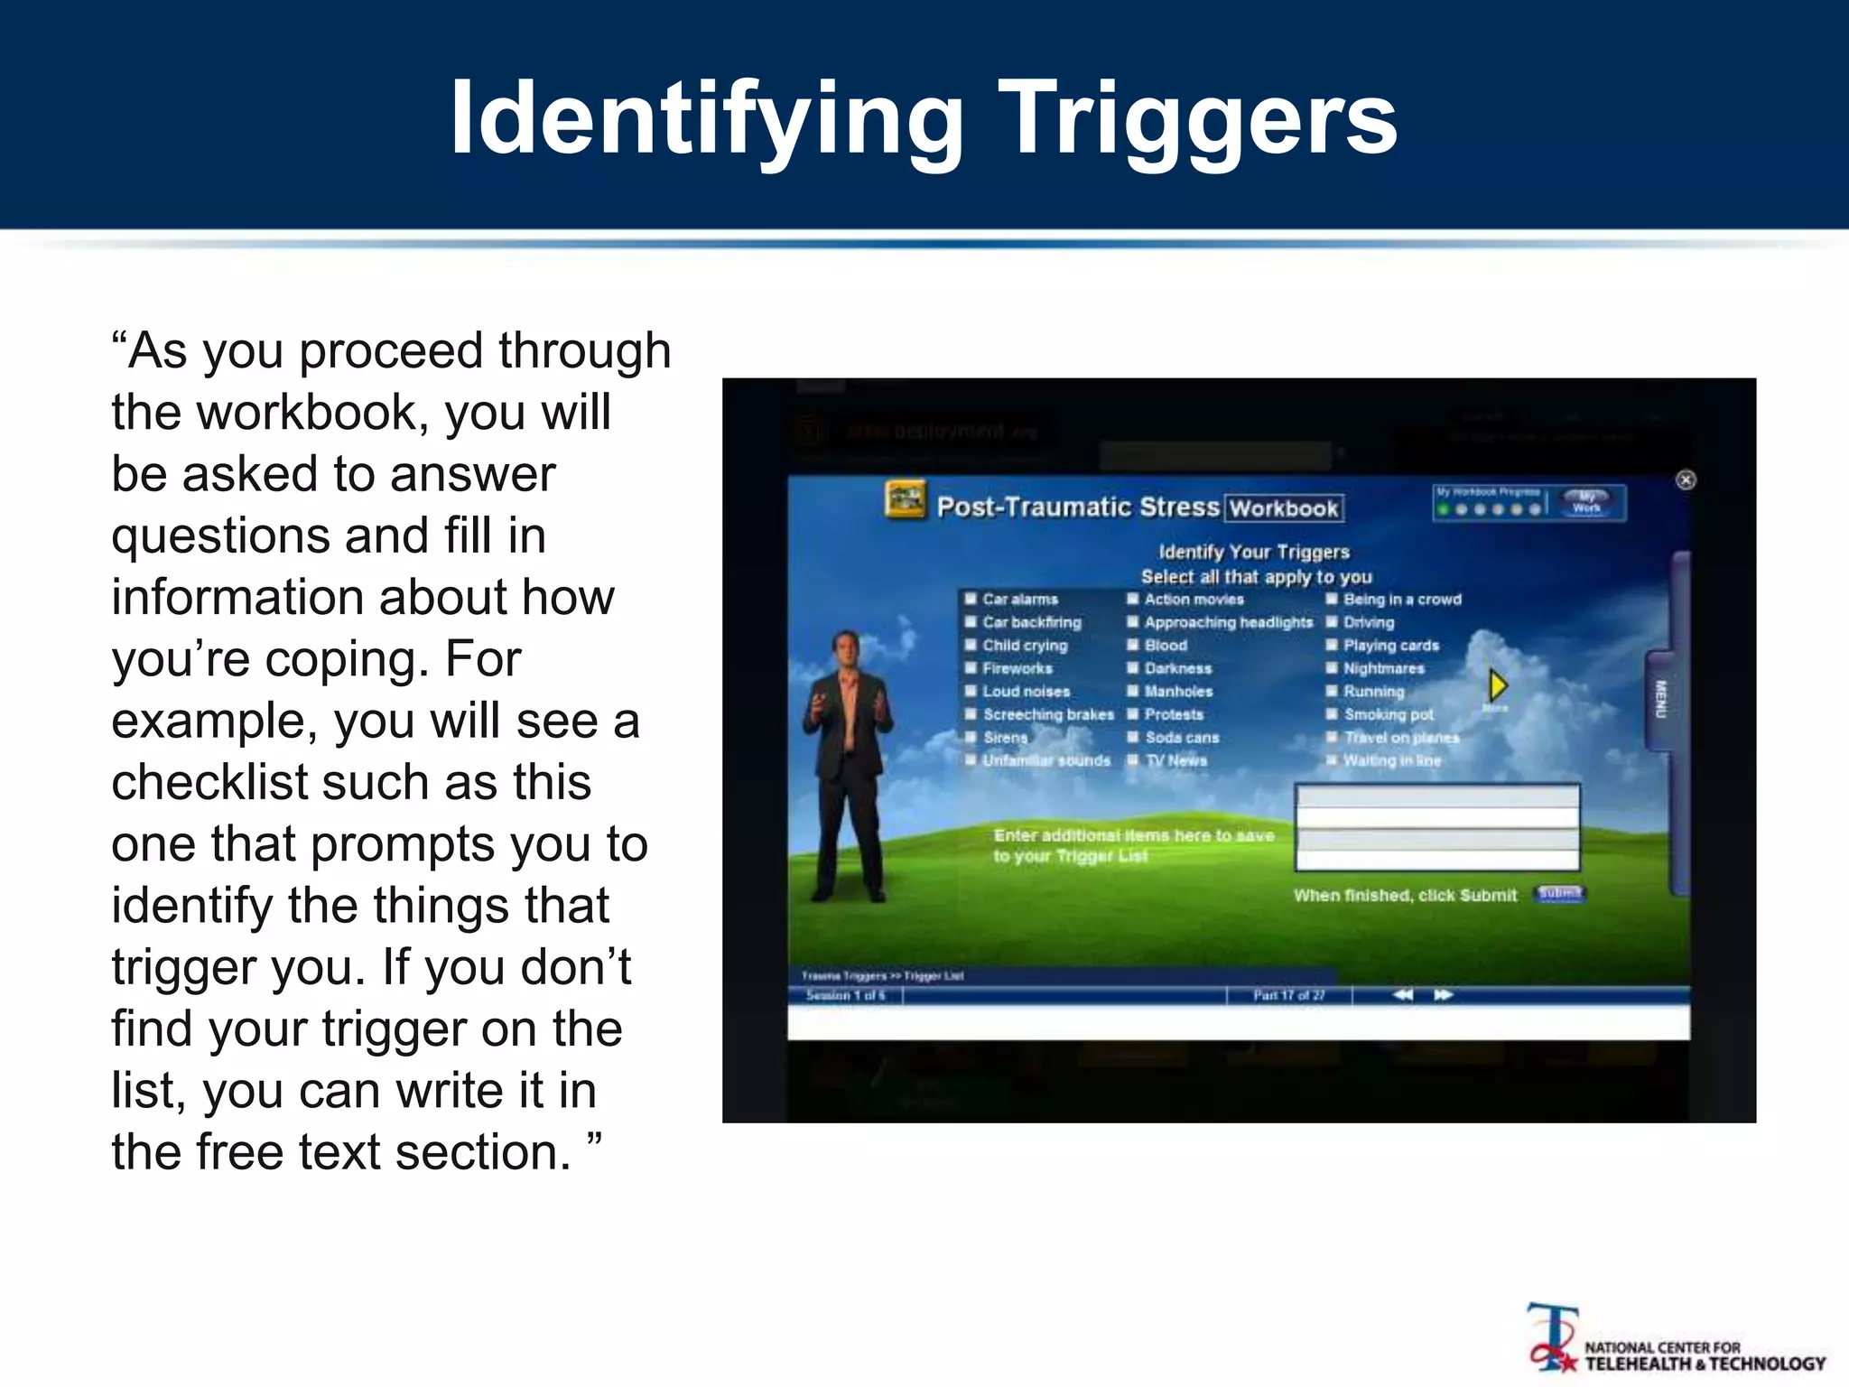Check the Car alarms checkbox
(x=971, y=599)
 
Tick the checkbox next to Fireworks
(x=971, y=668)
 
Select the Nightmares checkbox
(x=1332, y=668)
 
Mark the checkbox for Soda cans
(x=1133, y=738)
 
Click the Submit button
(x=1559, y=893)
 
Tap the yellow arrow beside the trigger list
(x=1498, y=685)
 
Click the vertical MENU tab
(x=1659, y=700)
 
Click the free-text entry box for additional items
(x=1437, y=827)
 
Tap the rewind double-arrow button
(x=1403, y=995)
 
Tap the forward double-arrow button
(x=1444, y=995)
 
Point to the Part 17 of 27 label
(x=1288, y=995)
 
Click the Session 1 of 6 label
(x=845, y=995)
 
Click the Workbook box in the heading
(x=1283, y=508)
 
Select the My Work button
(x=1586, y=503)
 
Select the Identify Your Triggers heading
(x=1254, y=552)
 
